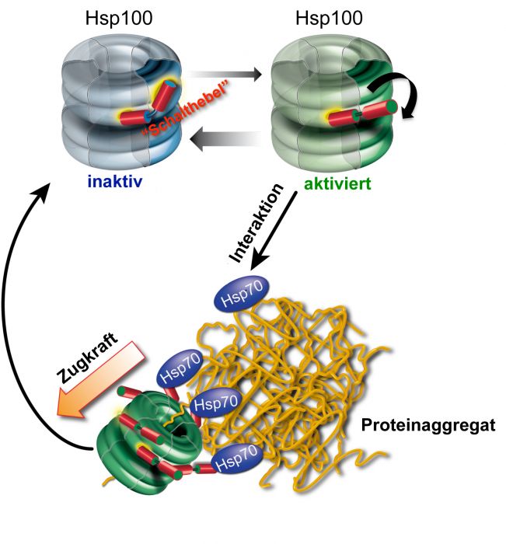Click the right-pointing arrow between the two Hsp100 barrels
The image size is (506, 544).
tap(225, 76)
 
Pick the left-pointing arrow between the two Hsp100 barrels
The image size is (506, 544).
tap(225, 141)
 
